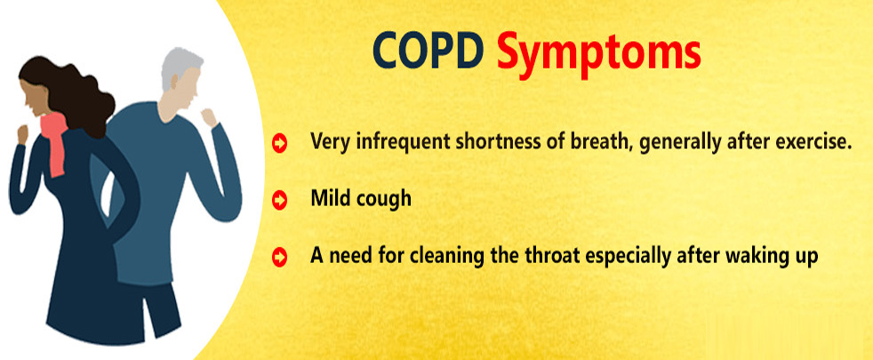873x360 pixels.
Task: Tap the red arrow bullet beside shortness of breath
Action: click(x=279, y=143)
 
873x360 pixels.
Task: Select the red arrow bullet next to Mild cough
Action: click(x=279, y=199)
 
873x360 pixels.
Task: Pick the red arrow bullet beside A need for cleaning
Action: click(x=279, y=257)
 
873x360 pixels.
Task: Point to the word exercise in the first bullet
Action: click(x=815, y=142)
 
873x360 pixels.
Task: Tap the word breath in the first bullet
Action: click(x=601, y=142)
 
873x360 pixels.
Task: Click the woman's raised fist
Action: click(x=22, y=134)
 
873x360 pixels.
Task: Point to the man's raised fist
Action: click(x=209, y=117)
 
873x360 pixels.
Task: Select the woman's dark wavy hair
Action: click(x=69, y=92)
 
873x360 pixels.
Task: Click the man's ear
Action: click(x=174, y=82)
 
